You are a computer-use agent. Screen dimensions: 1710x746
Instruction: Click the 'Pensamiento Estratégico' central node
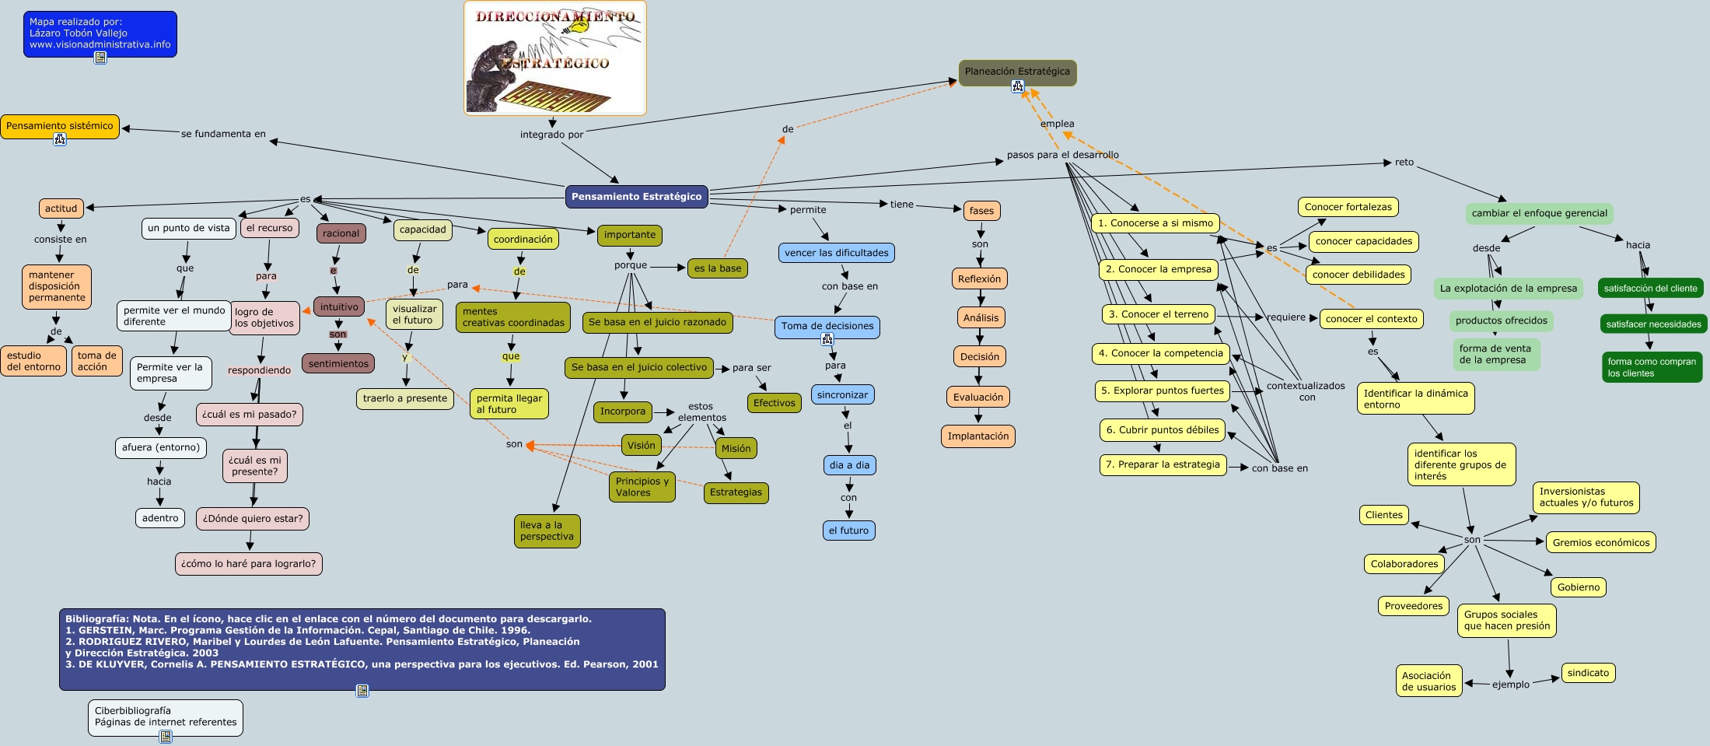[637, 197]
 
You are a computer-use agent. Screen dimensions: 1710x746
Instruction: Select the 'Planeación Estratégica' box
[1017, 72]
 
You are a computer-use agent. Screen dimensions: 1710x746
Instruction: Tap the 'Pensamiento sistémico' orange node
[60, 126]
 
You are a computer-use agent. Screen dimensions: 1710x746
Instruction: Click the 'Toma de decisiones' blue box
[827, 327]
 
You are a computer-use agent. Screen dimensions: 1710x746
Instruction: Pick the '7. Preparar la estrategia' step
[1163, 465]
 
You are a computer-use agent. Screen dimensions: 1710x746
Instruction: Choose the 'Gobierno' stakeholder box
[1579, 587]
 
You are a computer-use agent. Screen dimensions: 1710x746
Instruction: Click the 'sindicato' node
[1588, 673]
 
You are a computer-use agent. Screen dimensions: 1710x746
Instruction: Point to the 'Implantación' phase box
[978, 436]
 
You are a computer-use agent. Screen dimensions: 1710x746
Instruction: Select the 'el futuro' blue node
[848, 531]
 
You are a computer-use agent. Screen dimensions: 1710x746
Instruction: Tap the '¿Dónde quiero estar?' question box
[253, 519]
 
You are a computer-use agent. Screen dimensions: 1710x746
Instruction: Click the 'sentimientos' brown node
[338, 363]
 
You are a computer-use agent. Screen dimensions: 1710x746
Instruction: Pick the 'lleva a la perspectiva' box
[547, 531]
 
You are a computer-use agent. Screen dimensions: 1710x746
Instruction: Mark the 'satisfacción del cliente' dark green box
[1650, 289]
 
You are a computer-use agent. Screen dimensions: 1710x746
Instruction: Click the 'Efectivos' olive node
[775, 403]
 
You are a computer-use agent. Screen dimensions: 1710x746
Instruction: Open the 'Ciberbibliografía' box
[166, 717]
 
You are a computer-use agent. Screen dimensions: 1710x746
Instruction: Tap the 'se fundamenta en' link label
[223, 134]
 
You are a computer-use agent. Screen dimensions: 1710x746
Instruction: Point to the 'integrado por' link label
[552, 135]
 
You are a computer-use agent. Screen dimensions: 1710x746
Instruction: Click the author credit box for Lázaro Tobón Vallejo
[100, 34]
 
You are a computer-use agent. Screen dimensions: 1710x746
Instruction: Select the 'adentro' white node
[160, 518]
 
